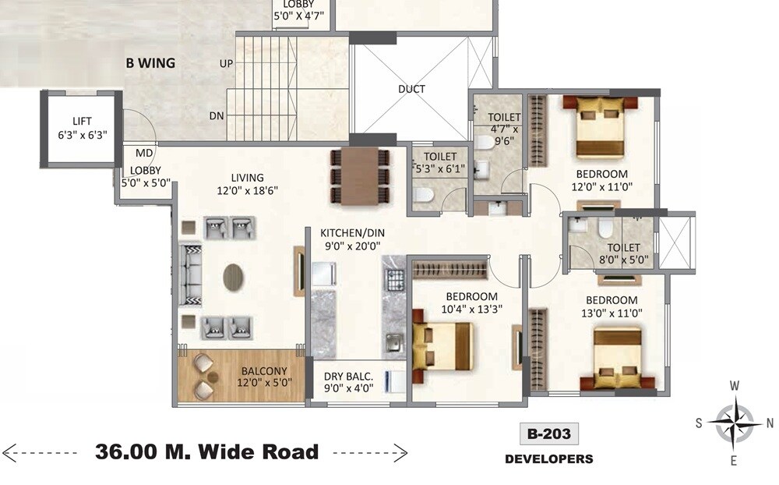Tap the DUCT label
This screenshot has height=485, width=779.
pos(411,89)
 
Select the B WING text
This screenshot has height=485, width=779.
pos(150,63)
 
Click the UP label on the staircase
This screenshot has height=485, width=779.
pos(226,63)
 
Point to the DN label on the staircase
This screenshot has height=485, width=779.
pos(217,115)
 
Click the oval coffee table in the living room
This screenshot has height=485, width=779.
pos(234,277)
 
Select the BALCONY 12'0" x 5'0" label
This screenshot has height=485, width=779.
pos(264,377)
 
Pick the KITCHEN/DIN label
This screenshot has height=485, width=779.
pos(353,232)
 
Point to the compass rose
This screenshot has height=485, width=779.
pos(733,423)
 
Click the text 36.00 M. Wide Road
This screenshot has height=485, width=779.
pos(206,451)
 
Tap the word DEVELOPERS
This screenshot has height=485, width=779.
pos(548,459)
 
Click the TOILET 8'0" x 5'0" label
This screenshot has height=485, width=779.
pos(618,254)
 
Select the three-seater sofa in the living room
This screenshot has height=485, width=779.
pos(190,275)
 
